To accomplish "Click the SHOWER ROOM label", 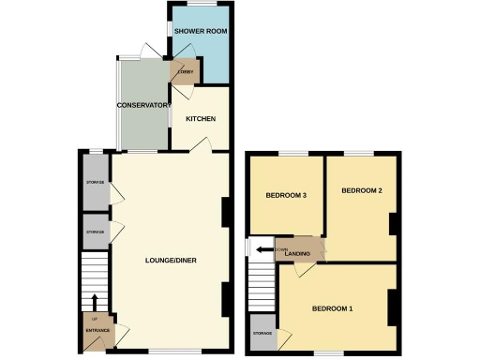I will pyautogui.click(x=202, y=32).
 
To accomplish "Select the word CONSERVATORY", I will pyautogui.click(x=142, y=105).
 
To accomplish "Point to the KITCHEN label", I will pyautogui.click(x=201, y=119).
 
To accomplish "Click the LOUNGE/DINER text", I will pyautogui.click(x=170, y=260).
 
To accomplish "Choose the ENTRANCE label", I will pyautogui.click(x=97, y=332).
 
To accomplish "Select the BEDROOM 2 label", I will pyautogui.click(x=362, y=190).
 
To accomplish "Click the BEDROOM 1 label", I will pyautogui.click(x=332, y=309).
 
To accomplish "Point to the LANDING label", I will pyautogui.click(x=298, y=252).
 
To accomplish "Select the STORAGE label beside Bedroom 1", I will pyautogui.click(x=262, y=332).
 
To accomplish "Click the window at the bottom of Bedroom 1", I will pyautogui.click(x=328, y=352).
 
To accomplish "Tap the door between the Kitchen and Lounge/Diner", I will pyautogui.click(x=200, y=145).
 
